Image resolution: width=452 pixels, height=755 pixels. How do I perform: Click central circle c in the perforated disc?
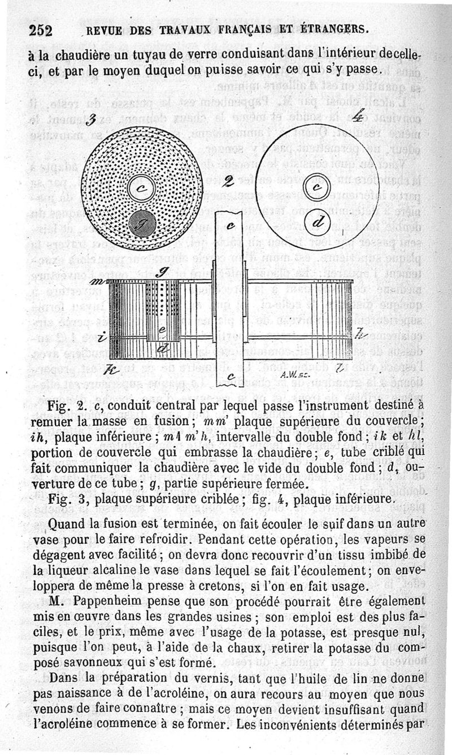coord(139,189)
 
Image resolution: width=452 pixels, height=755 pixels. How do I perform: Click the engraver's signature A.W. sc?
coord(294,374)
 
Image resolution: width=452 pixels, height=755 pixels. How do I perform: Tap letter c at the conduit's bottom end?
coord(230,376)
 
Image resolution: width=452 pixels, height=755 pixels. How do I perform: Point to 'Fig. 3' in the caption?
coord(67,499)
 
